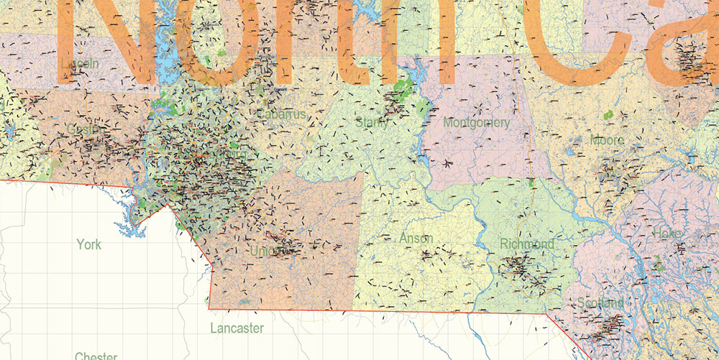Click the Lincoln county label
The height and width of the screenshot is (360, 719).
[x=81, y=64]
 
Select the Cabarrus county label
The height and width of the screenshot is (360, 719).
[x=281, y=114]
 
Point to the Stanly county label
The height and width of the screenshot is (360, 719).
[x=372, y=123]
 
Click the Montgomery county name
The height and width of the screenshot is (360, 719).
[x=476, y=123]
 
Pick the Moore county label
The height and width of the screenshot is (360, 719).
[x=607, y=140]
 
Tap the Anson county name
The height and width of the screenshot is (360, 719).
[x=416, y=238]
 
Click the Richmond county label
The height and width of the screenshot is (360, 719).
[x=527, y=244]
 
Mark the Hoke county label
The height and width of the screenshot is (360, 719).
[x=667, y=234]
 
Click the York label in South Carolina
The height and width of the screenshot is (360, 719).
[x=89, y=244]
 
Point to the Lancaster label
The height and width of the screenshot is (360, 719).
[x=237, y=328]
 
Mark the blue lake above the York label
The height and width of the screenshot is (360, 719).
[x=129, y=228]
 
